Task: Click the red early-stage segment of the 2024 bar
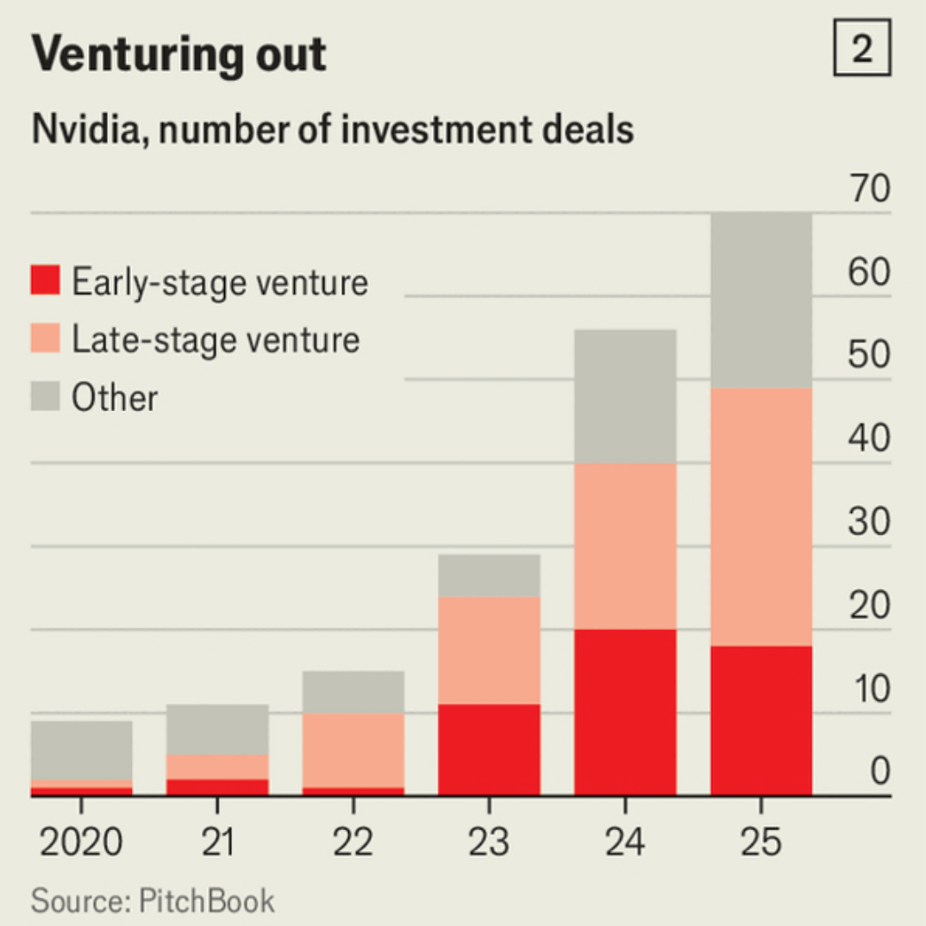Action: click(x=625, y=712)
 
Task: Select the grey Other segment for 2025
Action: click(x=761, y=299)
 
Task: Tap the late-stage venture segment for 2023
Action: click(x=489, y=650)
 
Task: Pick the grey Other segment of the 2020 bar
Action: click(x=82, y=750)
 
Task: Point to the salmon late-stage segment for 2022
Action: click(x=354, y=750)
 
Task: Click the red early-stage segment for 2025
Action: click(x=761, y=720)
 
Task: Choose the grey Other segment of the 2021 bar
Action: click(x=217, y=729)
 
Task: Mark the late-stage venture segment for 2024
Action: click(x=625, y=546)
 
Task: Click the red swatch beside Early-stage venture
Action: click(x=46, y=281)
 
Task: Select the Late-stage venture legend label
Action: click(x=216, y=340)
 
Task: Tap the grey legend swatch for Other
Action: click(x=46, y=397)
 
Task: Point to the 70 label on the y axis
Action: click(x=867, y=189)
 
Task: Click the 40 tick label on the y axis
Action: click(x=867, y=439)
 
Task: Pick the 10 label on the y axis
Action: click(x=867, y=689)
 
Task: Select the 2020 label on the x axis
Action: click(x=82, y=842)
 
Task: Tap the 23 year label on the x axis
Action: click(x=489, y=842)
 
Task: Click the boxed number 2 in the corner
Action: click(x=861, y=52)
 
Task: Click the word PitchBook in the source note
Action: click(x=207, y=901)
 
